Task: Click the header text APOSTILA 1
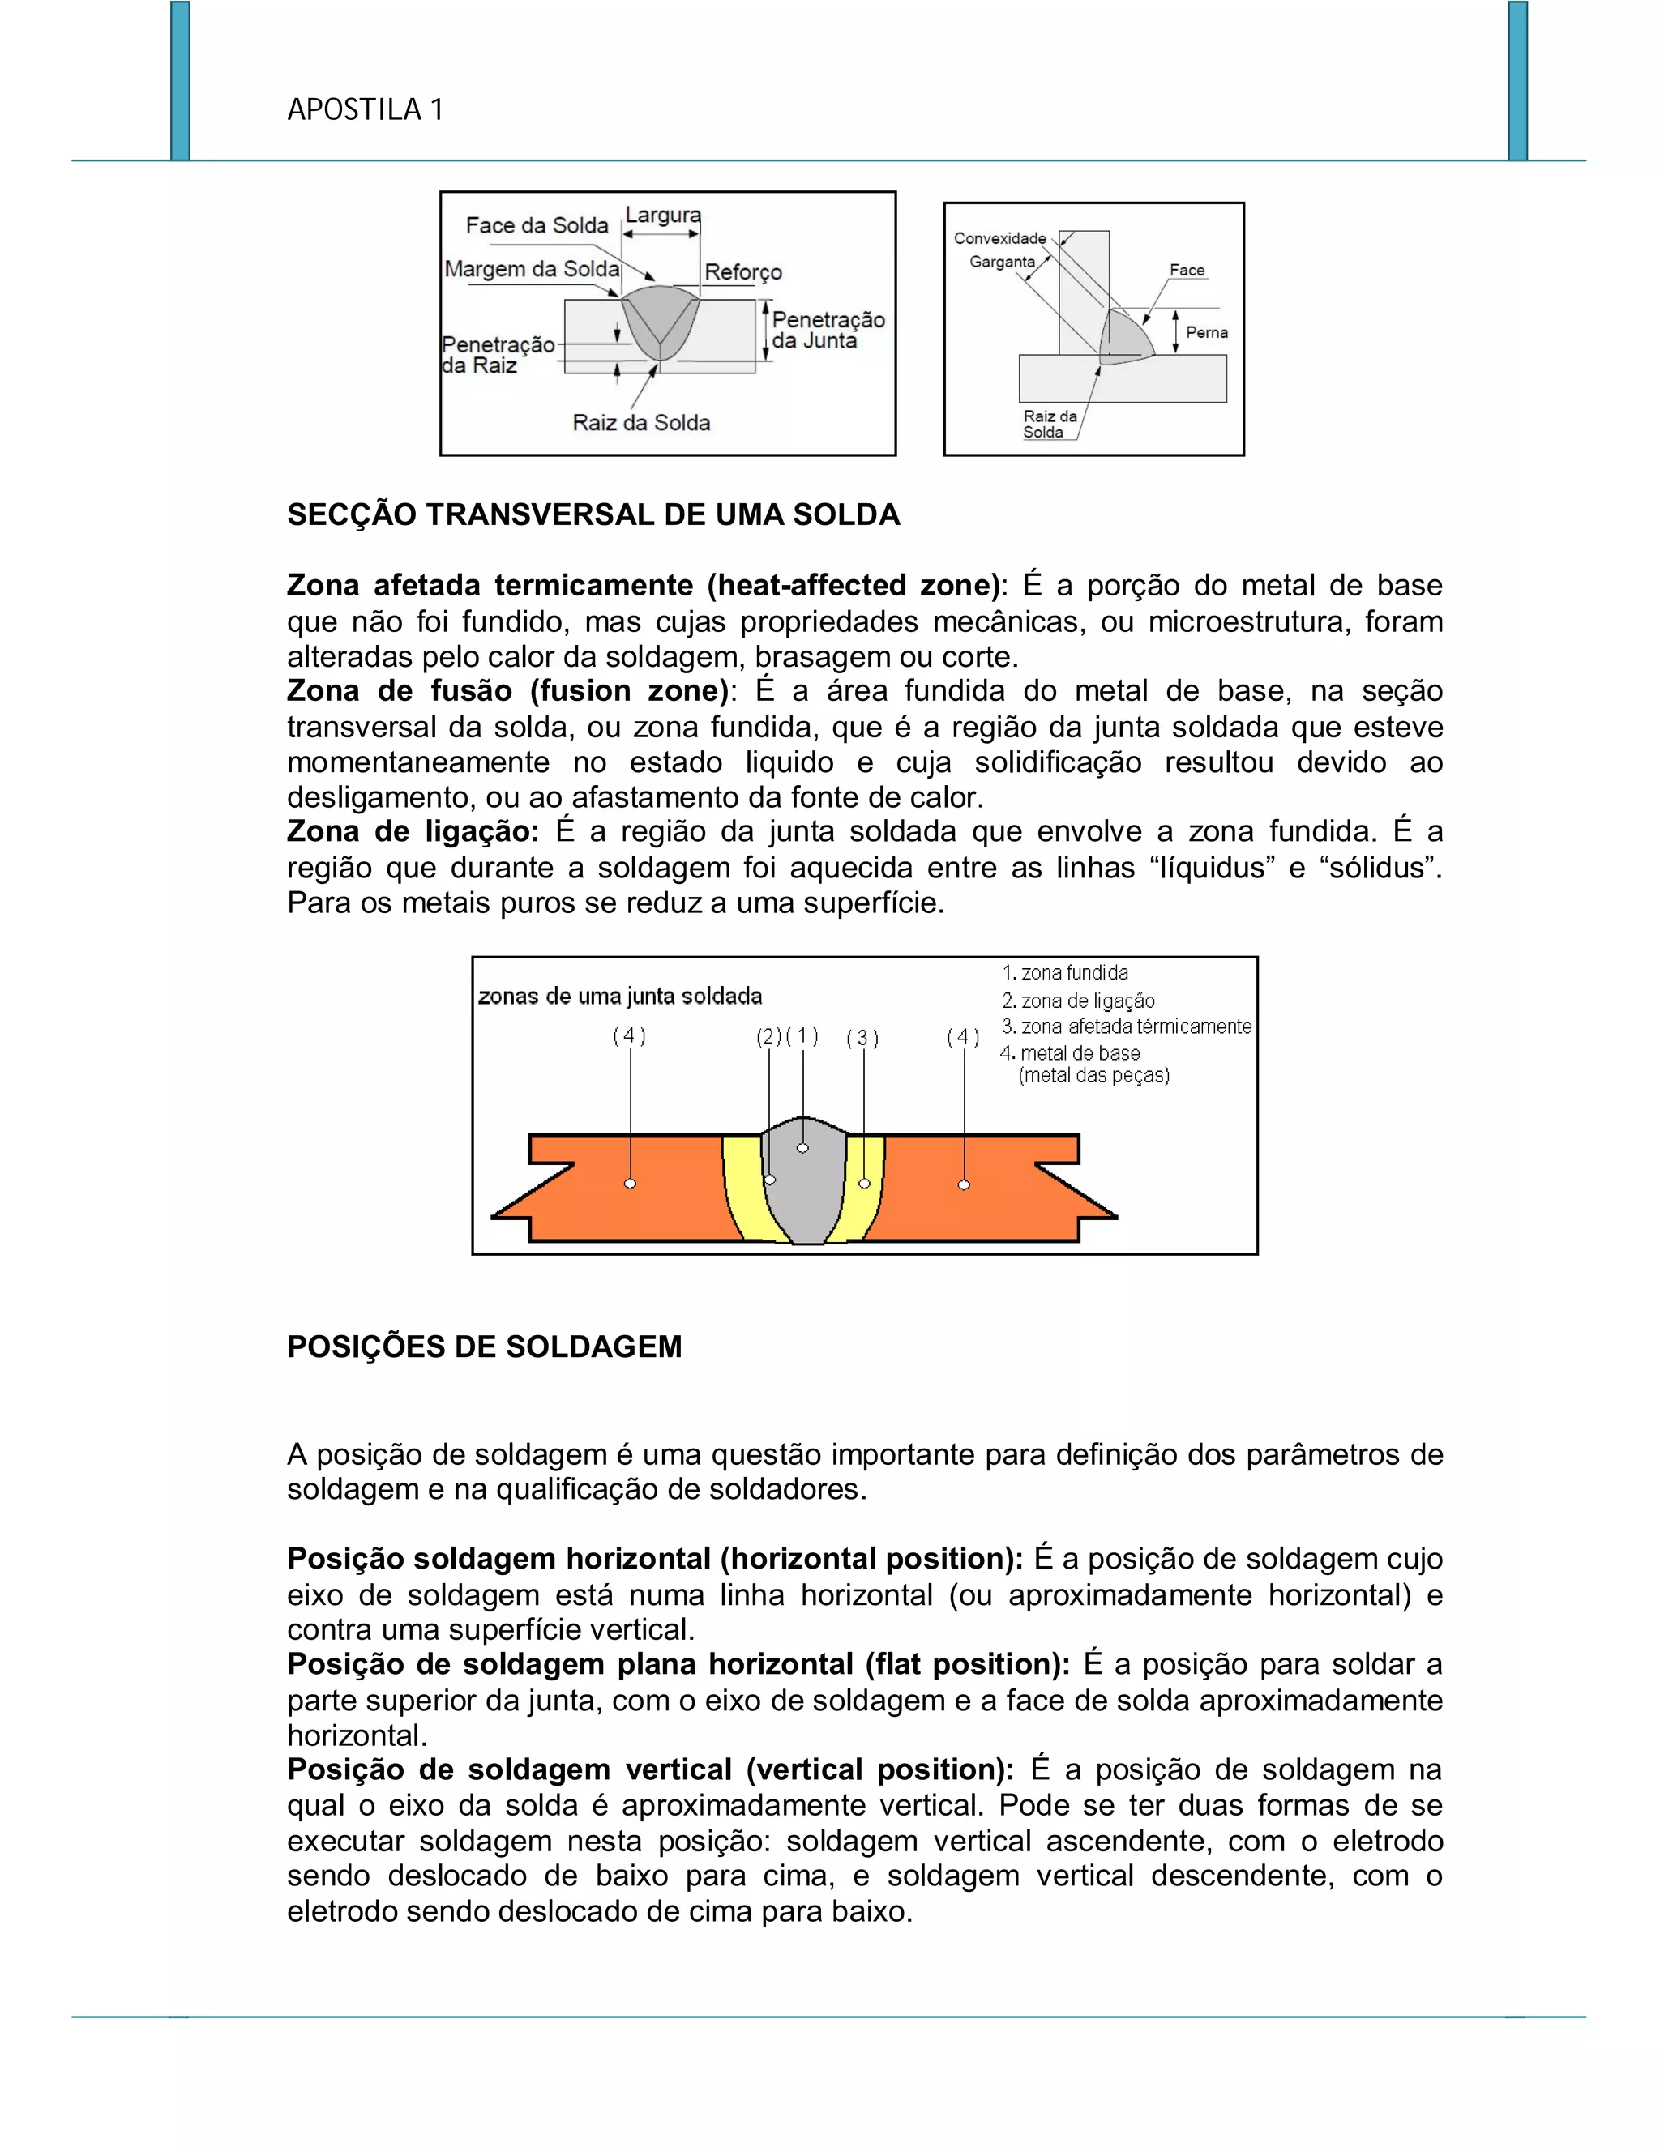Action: click(x=365, y=109)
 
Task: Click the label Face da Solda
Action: click(x=537, y=225)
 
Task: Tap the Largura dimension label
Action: click(x=663, y=215)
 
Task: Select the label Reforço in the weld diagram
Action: click(x=742, y=272)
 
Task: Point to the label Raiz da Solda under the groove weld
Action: click(x=641, y=423)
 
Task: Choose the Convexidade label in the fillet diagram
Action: click(x=999, y=238)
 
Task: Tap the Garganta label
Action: click(x=1001, y=262)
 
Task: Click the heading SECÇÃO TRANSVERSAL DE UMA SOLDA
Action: click(x=593, y=514)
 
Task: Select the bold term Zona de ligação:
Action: click(x=412, y=832)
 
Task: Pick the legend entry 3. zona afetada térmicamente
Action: click(x=1126, y=1027)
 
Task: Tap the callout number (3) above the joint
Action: click(x=862, y=1038)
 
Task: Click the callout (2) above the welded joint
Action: click(x=768, y=1037)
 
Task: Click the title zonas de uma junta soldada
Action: click(x=619, y=996)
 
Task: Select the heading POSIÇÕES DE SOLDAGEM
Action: click(x=484, y=1346)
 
